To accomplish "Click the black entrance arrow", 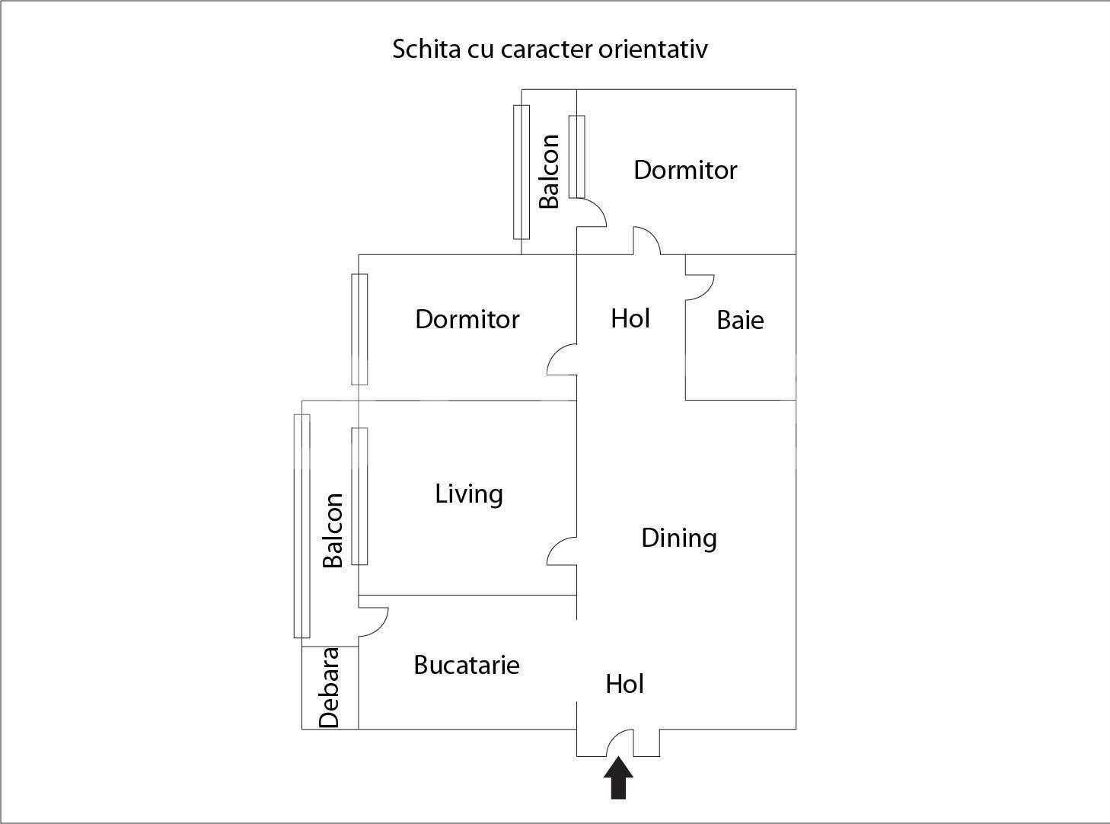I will click(x=618, y=778).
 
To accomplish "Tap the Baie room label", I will click(x=740, y=320).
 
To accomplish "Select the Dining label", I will click(x=678, y=538).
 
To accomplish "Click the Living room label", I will click(x=469, y=494).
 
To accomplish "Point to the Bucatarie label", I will click(x=467, y=665).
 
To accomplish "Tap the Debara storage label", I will click(x=329, y=688).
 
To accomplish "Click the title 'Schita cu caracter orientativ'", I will click(x=550, y=49).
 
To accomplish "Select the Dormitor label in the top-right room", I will click(x=685, y=170).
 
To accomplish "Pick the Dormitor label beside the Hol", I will click(x=467, y=319).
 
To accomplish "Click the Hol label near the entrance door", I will click(x=624, y=684).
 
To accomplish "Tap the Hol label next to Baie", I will click(x=630, y=318).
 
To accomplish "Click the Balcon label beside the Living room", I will click(x=333, y=530).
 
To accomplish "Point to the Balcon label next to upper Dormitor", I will click(x=549, y=171).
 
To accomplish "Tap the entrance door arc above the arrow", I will click(x=620, y=742).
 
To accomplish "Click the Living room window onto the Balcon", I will click(x=359, y=496).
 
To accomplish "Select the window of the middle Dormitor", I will click(x=359, y=329).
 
